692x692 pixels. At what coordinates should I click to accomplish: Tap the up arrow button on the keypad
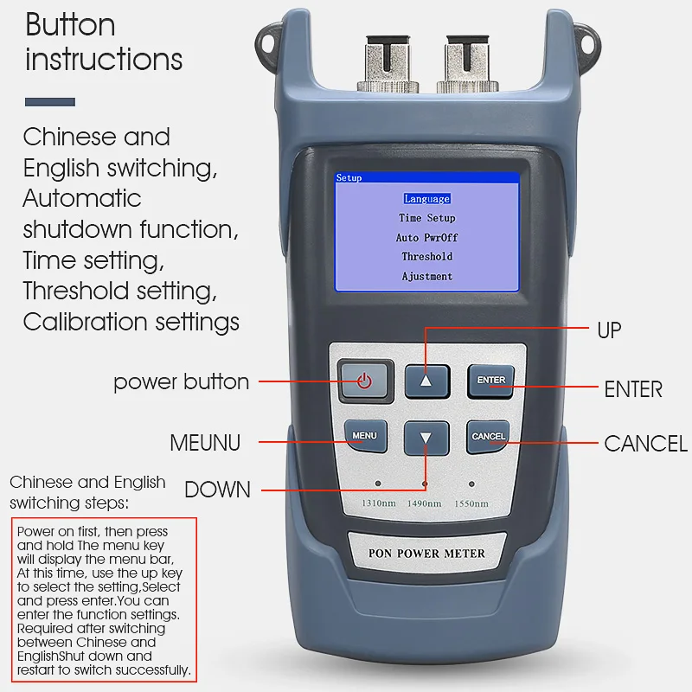[426, 380]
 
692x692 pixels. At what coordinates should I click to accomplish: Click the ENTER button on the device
[490, 380]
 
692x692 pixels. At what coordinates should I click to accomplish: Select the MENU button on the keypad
[364, 436]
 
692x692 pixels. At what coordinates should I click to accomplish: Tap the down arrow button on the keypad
[426, 437]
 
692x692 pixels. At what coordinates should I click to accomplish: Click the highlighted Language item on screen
[426, 199]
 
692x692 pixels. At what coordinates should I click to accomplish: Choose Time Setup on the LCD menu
[426, 219]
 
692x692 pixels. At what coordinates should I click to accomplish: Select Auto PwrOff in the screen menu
[426, 238]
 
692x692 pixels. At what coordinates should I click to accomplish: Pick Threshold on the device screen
[426, 257]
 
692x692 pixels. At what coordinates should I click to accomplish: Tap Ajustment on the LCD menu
[426, 277]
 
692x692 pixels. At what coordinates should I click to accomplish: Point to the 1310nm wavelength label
[378, 503]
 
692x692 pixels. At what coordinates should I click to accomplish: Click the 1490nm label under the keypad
[425, 503]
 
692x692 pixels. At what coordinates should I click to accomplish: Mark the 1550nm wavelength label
[471, 503]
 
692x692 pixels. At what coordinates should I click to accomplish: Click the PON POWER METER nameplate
[426, 554]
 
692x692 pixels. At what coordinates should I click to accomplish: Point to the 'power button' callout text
[181, 381]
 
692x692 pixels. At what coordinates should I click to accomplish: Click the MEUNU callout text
[205, 444]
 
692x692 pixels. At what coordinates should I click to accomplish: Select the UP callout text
[609, 330]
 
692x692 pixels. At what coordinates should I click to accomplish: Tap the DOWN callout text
[217, 490]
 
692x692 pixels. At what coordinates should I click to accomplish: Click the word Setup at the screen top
[349, 177]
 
